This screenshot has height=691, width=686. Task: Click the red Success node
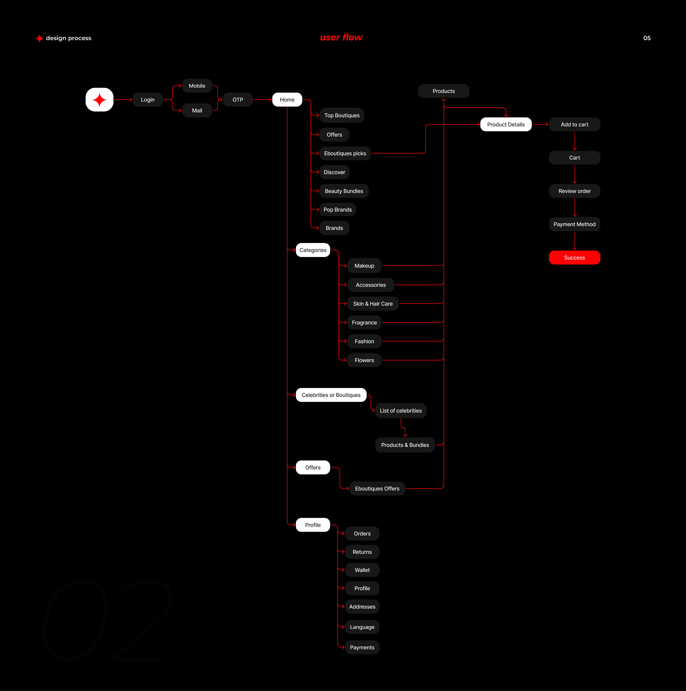tap(574, 258)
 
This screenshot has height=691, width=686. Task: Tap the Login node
tap(148, 100)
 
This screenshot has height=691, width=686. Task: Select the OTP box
tap(238, 100)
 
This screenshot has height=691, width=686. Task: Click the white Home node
tap(287, 100)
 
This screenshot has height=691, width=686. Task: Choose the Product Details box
tap(506, 124)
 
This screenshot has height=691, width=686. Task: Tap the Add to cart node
tap(574, 124)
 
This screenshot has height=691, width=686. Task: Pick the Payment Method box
tap(574, 224)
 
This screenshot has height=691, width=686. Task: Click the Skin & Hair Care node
tap(373, 304)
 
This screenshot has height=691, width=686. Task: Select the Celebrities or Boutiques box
tap(331, 395)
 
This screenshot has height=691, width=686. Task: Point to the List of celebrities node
tap(401, 411)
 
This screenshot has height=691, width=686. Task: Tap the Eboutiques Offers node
tap(377, 489)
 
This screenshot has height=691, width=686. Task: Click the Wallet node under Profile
tap(362, 570)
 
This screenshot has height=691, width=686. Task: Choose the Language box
tap(362, 627)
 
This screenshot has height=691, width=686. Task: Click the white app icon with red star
tap(99, 100)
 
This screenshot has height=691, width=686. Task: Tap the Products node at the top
tap(443, 91)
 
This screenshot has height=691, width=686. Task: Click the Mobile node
tap(197, 86)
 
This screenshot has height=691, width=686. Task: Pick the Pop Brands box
tap(337, 210)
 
